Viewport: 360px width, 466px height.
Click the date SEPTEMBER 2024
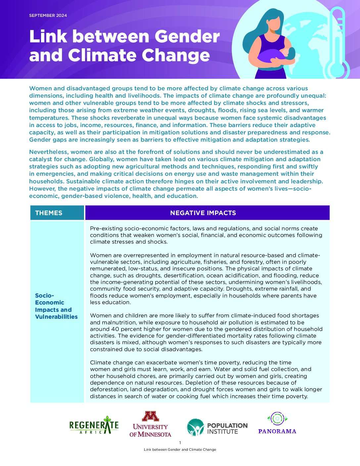pos(48,16)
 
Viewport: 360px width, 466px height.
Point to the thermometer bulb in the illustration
pos(337,69)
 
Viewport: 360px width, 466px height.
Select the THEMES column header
pos(49,213)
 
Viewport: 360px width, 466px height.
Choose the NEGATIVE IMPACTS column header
pos(203,213)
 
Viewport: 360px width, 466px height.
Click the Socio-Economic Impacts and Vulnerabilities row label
pos(56,306)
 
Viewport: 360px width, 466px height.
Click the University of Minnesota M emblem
pos(150,416)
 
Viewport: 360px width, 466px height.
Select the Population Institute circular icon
pos(195,427)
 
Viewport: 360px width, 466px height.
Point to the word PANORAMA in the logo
pos(277,431)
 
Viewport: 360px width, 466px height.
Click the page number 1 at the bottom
pos(180,443)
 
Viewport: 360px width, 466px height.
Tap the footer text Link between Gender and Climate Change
pos(180,449)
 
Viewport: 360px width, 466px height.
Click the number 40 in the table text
pos(115,329)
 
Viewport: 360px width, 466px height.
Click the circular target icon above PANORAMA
pos(277,419)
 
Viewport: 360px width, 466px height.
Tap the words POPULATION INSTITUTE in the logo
pos(227,428)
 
